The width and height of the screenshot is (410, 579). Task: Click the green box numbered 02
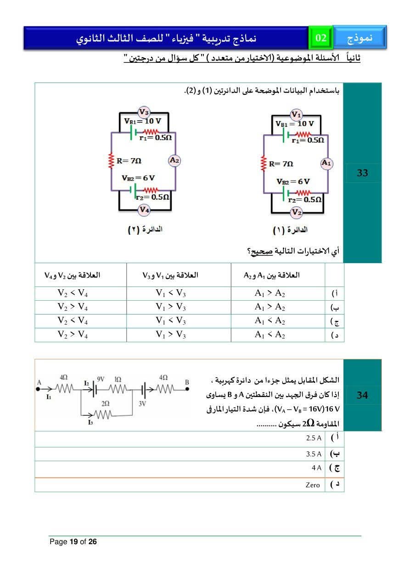click(x=321, y=38)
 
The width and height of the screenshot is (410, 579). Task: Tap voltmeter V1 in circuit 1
click(x=297, y=115)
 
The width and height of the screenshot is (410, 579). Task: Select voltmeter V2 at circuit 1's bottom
click(x=297, y=212)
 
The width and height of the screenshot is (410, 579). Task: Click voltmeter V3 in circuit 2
click(x=144, y=112)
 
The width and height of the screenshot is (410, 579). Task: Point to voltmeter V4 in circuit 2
click(x=144, y=210)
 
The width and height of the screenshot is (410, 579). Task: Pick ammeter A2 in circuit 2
click(x=174, y=160)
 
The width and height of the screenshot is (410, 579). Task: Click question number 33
click(x=362, y=173)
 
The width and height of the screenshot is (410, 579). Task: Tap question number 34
click(x=362, y=395)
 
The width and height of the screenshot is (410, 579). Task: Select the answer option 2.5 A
click(x=314, y=438)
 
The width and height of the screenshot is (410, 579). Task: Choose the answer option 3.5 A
click(x=314, y=454)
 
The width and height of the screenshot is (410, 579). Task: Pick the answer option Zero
click(x=313, y=485)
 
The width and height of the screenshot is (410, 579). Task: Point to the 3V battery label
click(x=142, y=404)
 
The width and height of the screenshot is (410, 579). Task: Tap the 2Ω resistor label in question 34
click(x=105, y=403)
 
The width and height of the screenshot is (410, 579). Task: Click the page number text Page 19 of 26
click(x=73, y=542)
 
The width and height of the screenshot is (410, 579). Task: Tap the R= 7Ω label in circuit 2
click(x=129, y=161)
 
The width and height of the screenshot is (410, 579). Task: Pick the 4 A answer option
click(x=316, y=468)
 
